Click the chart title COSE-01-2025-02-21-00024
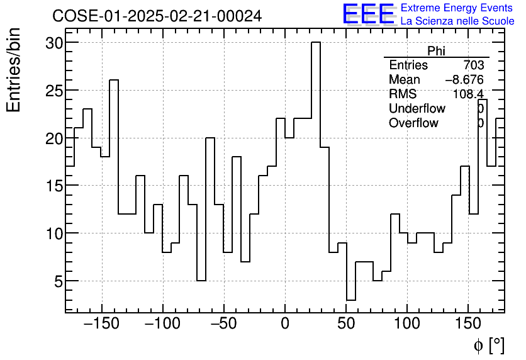coord(157,16)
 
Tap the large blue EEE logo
coord(368,14)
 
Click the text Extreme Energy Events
coord(456,8)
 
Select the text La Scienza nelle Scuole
coord(457,21)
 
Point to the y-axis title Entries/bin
coord(14,70)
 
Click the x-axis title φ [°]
coord(489,345)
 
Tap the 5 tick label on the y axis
coord(57,281)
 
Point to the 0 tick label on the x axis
coord(285,324)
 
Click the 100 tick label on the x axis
coord(407,324)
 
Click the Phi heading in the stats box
coord(436,51)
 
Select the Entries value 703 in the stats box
coord(473,65)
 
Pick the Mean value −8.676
coord(464,80)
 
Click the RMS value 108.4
coord(468,94)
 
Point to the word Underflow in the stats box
coord(417,108)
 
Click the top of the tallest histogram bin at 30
coord(316,43)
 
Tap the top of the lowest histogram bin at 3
coord(351,300)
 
